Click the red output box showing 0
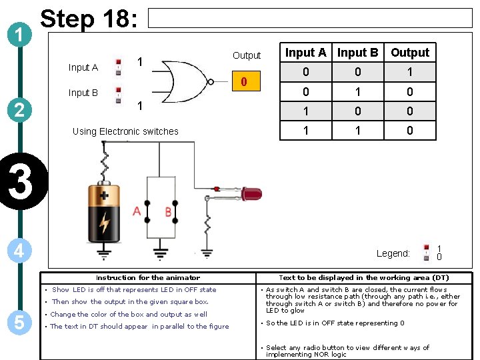click(244, 82)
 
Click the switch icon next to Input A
click(119, 66)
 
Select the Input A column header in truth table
click(305, 53)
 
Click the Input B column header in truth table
click(357, 53)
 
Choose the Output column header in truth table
click(410, 53)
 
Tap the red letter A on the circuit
click(137, 212)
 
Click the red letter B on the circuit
click(168, 212)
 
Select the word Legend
click(393, 253)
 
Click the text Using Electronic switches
click(125, 131)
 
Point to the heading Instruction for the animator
click(147, 277)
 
